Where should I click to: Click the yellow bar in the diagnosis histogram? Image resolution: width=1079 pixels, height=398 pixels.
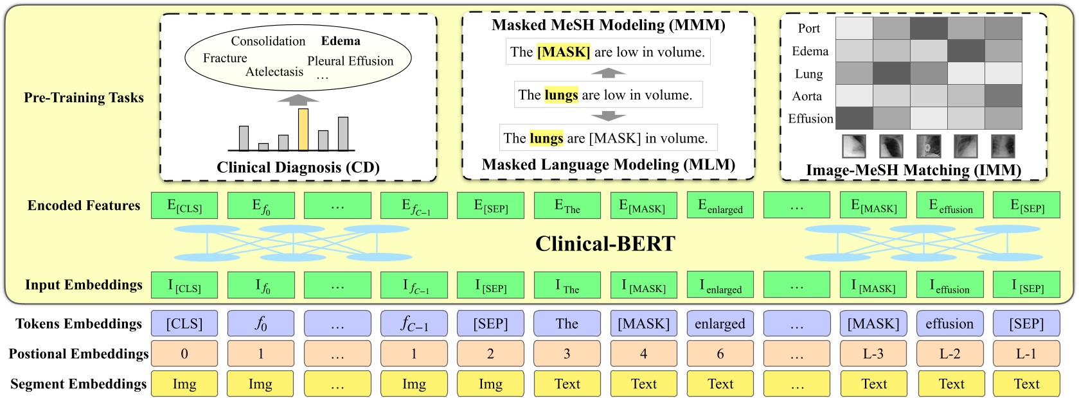point(303,130)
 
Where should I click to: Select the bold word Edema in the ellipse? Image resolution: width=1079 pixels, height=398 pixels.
point(341,41)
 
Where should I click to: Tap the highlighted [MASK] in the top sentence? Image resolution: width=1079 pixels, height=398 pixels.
point(564,52)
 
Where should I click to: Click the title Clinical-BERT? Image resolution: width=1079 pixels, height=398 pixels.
point(605,244)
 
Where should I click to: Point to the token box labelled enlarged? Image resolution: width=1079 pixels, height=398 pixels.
point(720,324)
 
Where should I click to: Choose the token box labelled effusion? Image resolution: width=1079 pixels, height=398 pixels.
point(949,324)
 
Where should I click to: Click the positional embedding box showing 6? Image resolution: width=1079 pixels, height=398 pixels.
point(720,354)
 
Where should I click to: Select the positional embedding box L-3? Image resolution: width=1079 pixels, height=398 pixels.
point(873,354)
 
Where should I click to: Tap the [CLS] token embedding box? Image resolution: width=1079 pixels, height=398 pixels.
point(184,324)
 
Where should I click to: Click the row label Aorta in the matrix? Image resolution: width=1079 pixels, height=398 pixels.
point(807,96)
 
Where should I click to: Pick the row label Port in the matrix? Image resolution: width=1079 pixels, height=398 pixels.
point(809,28)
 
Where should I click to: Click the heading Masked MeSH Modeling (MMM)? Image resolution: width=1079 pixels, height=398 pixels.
point(608,25)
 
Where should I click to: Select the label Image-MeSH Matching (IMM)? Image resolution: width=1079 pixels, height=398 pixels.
point(913,170)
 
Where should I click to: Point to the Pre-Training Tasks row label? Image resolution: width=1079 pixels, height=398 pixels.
point(84,98)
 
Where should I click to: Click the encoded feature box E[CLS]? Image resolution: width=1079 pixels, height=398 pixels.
point(184,205)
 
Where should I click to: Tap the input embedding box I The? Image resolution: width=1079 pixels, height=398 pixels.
point(567,286)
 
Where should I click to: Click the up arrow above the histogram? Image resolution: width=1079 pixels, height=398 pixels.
point(298,99)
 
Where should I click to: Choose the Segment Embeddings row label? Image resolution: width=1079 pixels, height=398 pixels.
point(78,384)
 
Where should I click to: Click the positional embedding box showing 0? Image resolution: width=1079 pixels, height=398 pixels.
point(184,354)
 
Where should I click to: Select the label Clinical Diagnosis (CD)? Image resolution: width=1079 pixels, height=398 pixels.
point(298,168)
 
